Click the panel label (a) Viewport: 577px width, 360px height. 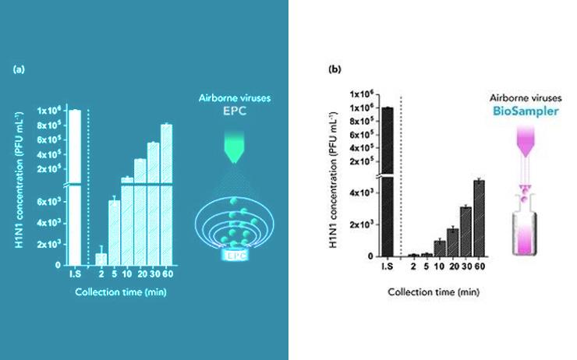(x=19, y=70)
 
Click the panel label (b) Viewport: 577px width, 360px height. (x=335, y=69)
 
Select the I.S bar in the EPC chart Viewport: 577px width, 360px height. (x=75, y=187)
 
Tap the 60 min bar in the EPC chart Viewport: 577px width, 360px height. (x=166, y=195)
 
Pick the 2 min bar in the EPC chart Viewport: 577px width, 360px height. (x=101, y=259)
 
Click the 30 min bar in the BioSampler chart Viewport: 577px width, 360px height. (x=465, y=231)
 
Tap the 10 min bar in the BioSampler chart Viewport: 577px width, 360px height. (x=440, y=249)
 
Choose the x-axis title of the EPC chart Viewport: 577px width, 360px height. (x=120, y=293)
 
